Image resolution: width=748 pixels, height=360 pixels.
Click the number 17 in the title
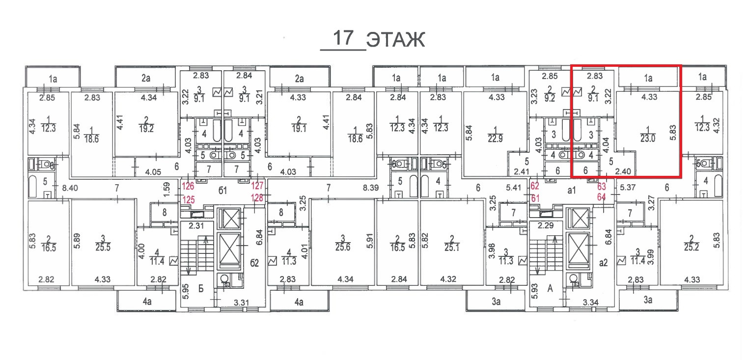click(343, 38)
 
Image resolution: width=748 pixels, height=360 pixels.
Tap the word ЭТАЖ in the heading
click(395, 40)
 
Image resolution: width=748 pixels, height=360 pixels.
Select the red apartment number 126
click(188, 187)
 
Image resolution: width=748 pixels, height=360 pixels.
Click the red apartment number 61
click(535, 198)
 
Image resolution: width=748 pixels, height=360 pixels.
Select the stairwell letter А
click(551, 289)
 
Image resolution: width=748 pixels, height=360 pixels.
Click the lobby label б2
click(254, 263)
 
